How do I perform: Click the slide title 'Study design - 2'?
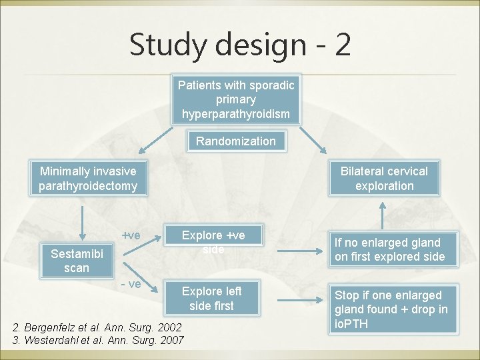[240, 45]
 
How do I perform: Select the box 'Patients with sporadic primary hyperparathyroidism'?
[235, 99]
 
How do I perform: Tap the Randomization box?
[235, 141]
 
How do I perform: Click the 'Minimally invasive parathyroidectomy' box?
[87, 179]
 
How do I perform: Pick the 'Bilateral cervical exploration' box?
[384, 179]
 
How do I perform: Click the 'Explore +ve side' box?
[213, 242]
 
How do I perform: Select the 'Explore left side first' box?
[211, 298]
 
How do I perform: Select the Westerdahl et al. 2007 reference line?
[99, 340]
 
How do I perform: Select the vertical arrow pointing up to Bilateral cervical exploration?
[382, 215]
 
